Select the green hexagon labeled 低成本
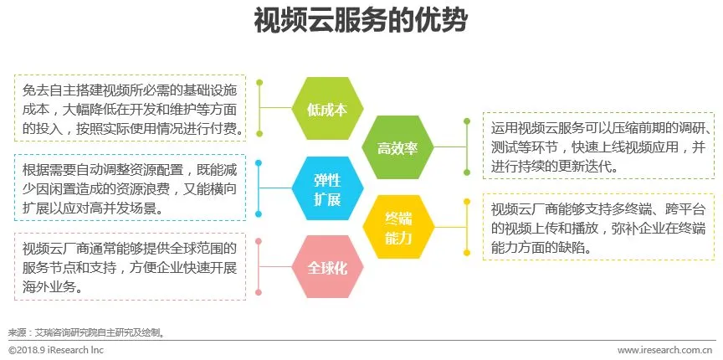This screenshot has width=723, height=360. point(320,109)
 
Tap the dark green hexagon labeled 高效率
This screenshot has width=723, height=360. point(397,148)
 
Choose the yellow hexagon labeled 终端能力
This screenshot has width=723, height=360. point(397,228)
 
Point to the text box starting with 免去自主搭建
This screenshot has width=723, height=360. point(130,107)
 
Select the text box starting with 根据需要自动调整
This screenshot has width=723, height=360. point(130,188)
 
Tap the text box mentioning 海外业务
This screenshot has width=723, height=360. point(130,266)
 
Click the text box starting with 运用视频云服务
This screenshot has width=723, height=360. point(599,147)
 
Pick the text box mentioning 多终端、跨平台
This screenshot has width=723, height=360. point(599,227)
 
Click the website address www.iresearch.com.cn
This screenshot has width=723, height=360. point(665,350)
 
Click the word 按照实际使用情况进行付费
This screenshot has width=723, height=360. point(176,130)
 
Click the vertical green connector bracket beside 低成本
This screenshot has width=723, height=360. point(260,108)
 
